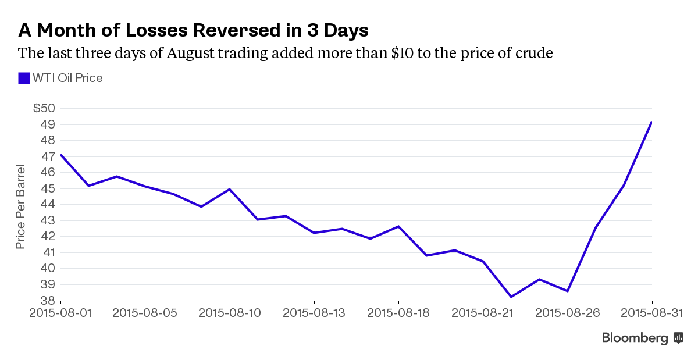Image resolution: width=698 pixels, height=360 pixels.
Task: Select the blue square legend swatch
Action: coord(24,78)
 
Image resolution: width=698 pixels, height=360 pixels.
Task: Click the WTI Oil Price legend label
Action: coord(67,78)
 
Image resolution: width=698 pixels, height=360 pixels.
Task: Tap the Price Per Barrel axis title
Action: coord(20,205)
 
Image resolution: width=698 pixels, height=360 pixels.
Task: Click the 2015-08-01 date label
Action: coord(60,313)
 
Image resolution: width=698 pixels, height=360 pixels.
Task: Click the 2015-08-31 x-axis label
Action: coord(651,313)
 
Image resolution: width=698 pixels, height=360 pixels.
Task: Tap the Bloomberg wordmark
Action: coord(635,338)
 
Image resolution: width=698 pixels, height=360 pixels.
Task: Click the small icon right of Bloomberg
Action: coord(678,338)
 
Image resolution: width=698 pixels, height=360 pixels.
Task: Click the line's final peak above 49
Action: coord(651,122)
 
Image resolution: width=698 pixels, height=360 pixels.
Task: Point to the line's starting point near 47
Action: coord(60,155)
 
